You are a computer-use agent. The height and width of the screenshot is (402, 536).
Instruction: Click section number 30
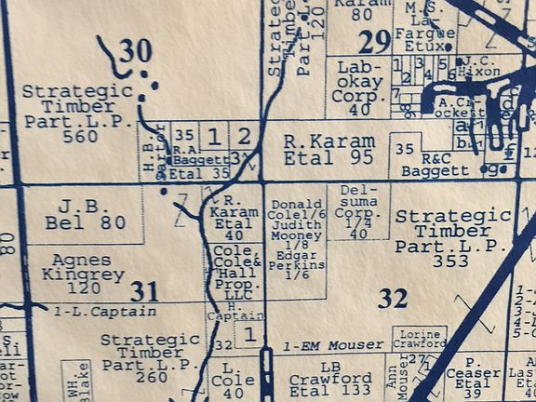click(x=136, y=52)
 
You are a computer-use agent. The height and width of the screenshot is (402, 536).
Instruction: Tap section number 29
click(x=375, y=42)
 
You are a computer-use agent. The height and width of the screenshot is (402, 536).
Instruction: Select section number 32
click(x=393, y=298)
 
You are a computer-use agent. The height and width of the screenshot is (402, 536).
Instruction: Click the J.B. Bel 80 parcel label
click(x=86, y=213)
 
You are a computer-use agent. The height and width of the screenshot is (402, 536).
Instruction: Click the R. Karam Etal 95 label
click(x=316, y=149)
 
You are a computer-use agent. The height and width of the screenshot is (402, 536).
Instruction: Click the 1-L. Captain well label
click(x=92, y=312)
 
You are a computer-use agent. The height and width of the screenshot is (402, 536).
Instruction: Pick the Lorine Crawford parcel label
click(x=418, y=338)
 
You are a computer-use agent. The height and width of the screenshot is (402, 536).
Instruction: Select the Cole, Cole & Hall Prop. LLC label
click(x=237, y=270)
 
